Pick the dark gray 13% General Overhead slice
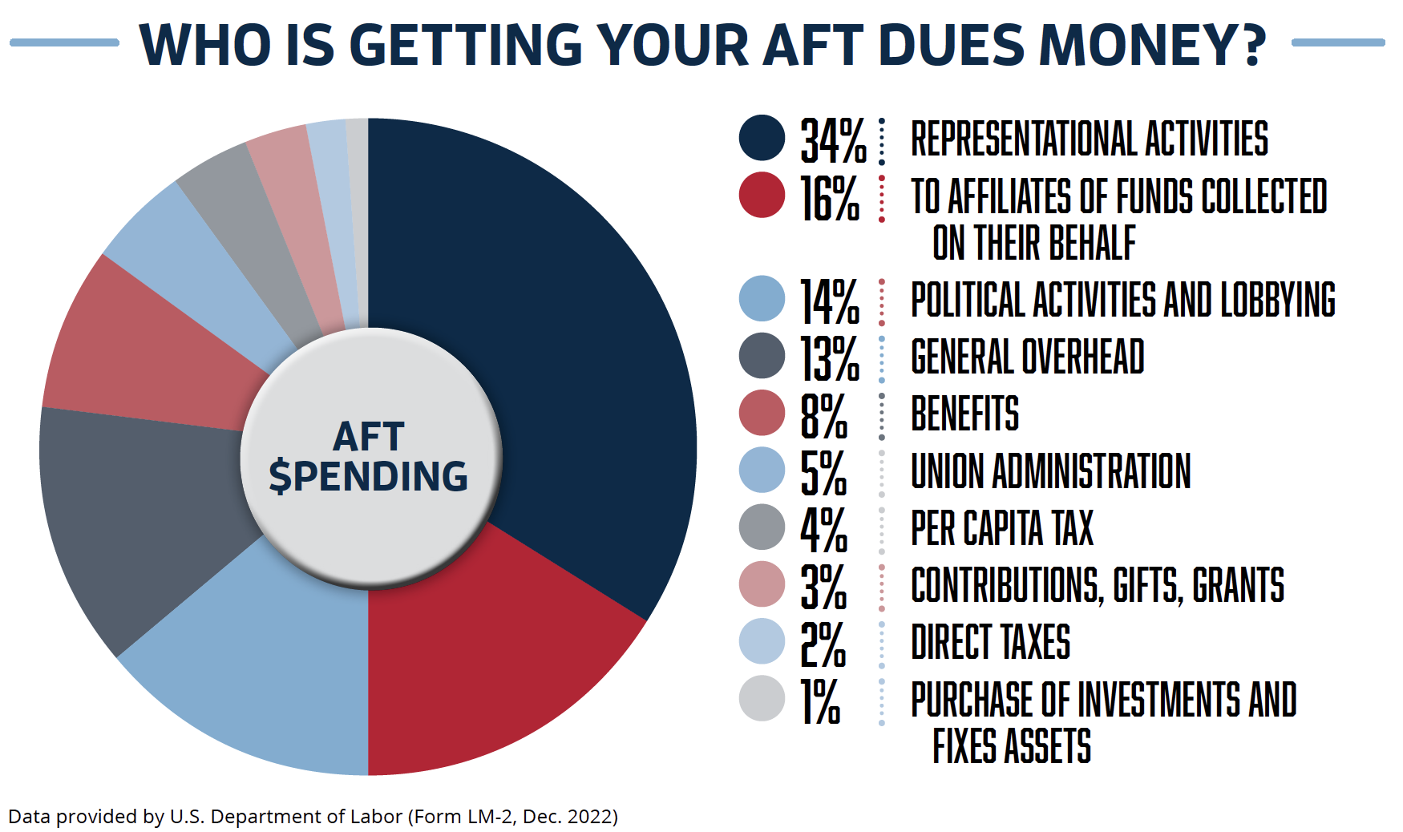[x=144, y=513]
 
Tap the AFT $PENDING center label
[x=369, y=457]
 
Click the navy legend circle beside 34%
[x=762, y=138]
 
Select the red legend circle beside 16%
[x=762, y=195]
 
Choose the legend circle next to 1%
[x=762, y=698]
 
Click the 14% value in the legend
[x=830, y=301]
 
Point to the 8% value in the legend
[x=823, y=415]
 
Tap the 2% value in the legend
[x=823, y=644]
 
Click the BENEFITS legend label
[x=964, y=414]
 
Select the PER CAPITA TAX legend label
[x=1002, y=528]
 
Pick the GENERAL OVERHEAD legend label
[x=1027, y=357]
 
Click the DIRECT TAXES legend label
[x=990, y=642]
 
